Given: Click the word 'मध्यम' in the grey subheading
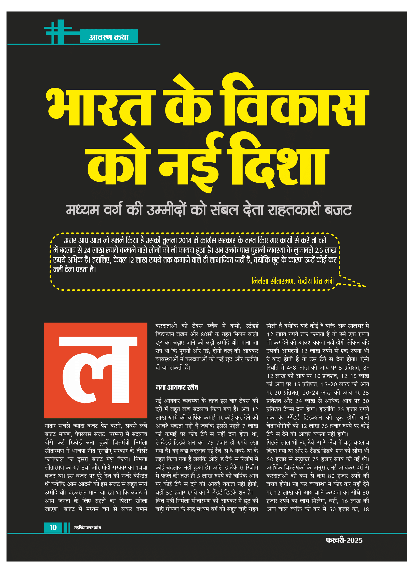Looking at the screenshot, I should [83, 210].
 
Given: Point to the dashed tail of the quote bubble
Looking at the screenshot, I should [352, 282].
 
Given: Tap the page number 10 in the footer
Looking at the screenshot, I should [53, 528].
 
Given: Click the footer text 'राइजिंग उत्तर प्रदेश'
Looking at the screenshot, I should [88, 528].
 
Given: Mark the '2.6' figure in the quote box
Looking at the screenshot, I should [319, 250].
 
